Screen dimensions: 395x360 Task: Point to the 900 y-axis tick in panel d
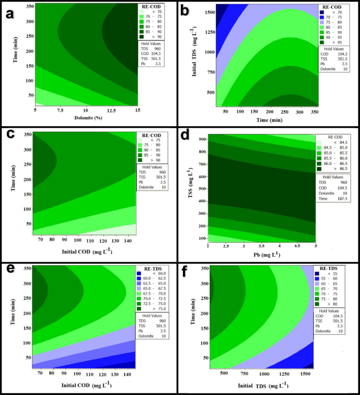(x=202, y=139)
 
